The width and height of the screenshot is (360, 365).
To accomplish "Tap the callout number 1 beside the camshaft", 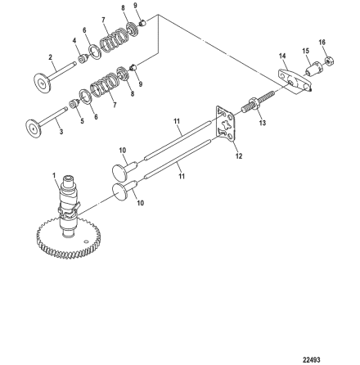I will tap(53, 174).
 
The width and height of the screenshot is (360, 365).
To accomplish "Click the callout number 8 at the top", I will tap(121, 7).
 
